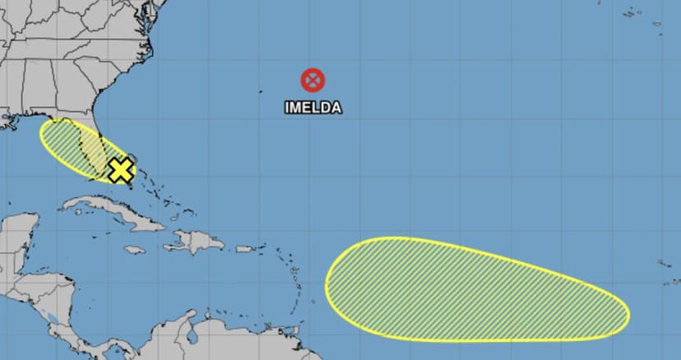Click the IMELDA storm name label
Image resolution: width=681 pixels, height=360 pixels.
(x=313, y=107)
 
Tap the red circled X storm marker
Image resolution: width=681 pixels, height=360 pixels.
(x=313, y=80)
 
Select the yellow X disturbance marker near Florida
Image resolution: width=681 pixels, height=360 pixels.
(x=121, y=170)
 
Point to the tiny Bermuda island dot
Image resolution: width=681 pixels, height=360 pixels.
(x=261, y=91)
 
